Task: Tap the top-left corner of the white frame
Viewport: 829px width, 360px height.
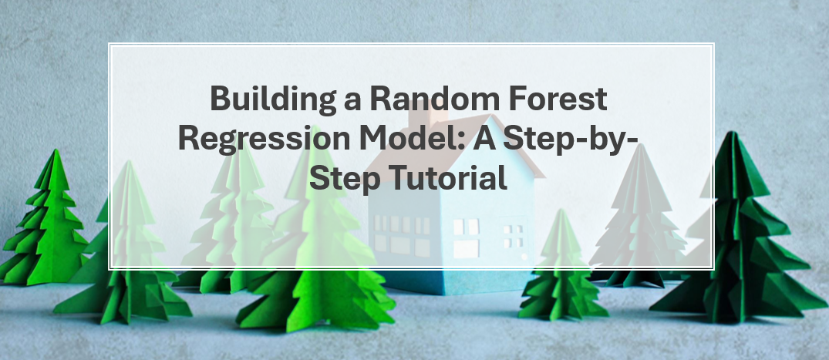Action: [x=109, y=43]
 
